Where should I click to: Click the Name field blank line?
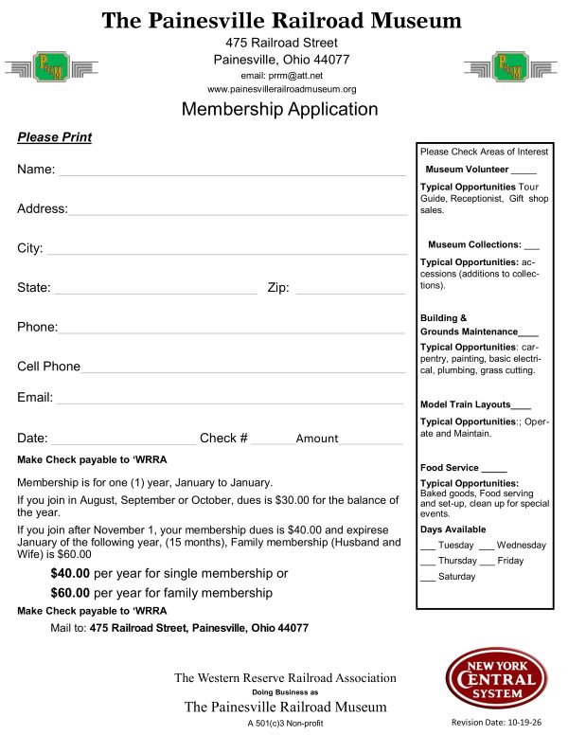(x=232, y=174)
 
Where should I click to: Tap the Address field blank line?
(x=237, y=214)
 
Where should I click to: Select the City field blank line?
(x=227, y=254)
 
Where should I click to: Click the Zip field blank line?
(x=350, y=293)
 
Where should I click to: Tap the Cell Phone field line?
(x=242, y=372)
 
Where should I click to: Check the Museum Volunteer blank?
(x=524, y=171)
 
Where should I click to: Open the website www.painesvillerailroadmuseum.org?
(x=281, y=89)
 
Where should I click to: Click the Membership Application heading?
(x=279, y=109)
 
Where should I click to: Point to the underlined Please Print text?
(x=54, y=137)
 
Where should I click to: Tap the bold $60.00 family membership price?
(x=70, y=593)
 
